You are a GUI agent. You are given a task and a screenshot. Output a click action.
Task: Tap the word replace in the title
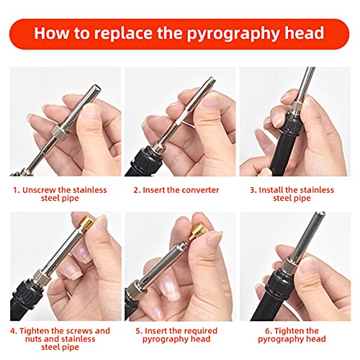pos(122,34)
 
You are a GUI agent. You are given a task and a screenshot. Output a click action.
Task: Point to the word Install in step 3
pos(271,190)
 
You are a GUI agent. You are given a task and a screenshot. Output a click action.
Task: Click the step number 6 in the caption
pos(268,331)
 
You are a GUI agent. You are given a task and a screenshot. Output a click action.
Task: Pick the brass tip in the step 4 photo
pos(87,223)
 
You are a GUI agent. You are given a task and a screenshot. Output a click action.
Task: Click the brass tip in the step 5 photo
pos(198,232)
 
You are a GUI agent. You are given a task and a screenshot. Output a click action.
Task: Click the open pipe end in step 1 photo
pos(96,88)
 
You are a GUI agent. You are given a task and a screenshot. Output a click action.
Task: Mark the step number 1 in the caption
pos(16,190)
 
